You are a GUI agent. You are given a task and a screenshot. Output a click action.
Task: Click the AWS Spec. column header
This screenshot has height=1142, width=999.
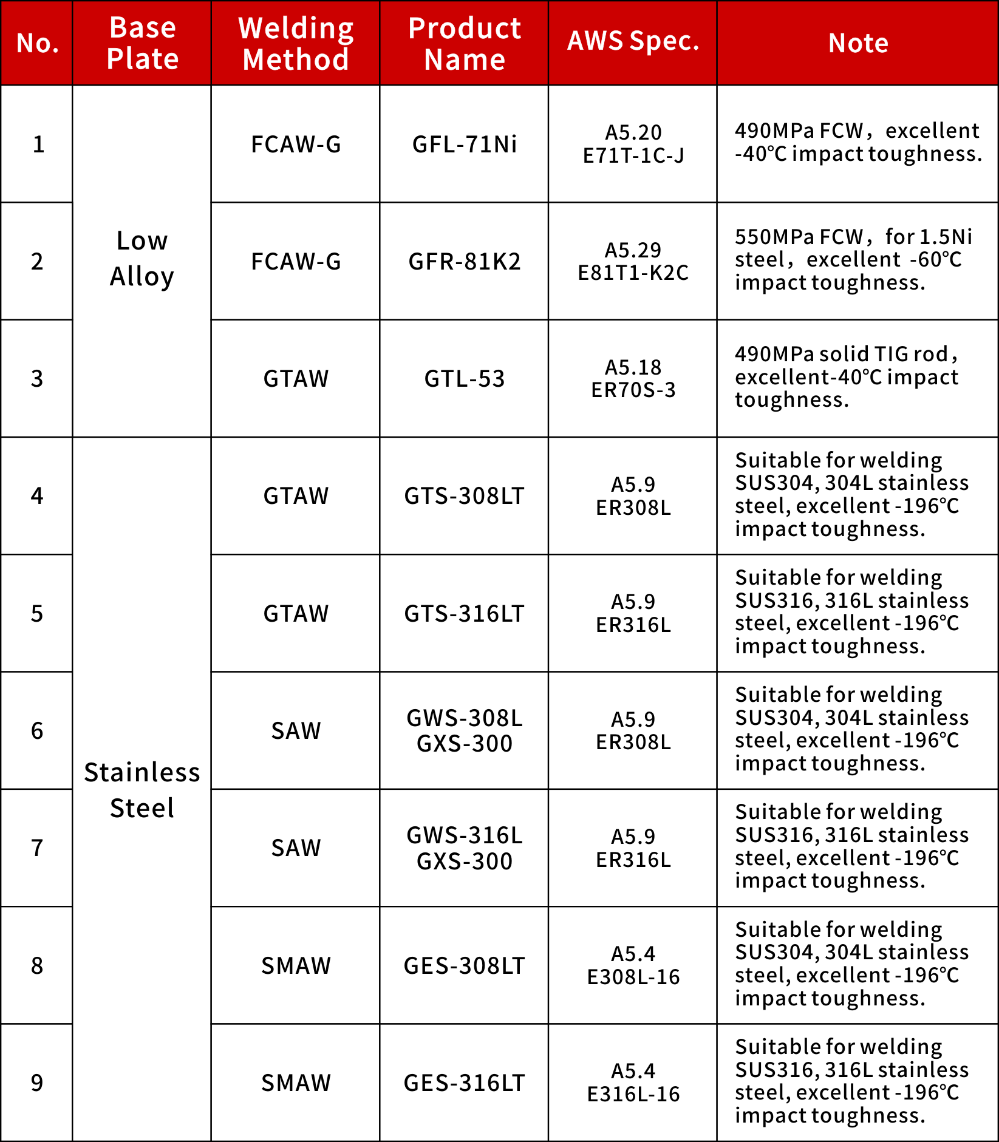point(633,42)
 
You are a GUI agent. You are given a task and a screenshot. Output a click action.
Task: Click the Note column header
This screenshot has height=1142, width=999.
point(858,43)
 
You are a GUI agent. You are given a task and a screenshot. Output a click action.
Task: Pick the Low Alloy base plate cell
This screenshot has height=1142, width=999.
point(142,259)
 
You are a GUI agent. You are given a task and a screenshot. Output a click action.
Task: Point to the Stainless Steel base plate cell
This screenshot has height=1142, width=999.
point(142,790)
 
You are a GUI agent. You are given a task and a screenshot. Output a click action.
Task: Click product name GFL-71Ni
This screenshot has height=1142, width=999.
point(465,144)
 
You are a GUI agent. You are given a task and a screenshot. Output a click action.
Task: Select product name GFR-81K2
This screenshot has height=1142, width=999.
point(465,262)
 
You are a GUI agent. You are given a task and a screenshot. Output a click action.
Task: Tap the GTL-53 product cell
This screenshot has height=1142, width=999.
point(465,379)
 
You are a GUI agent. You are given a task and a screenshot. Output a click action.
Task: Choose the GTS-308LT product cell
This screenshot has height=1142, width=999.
point(465,496)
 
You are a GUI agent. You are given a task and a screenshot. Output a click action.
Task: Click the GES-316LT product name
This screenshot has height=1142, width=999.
point(465,1083)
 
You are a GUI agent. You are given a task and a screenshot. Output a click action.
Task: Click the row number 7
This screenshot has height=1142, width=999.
point(37,848)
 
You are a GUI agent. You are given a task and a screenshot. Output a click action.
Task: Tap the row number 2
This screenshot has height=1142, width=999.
point(37,262)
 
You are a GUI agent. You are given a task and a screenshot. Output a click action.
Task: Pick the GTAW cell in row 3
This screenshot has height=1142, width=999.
point(296,379)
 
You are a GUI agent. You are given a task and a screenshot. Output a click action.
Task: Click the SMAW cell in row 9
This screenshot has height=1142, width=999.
point(296,1083)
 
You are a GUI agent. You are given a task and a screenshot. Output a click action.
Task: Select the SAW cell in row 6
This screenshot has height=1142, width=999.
point(296,731)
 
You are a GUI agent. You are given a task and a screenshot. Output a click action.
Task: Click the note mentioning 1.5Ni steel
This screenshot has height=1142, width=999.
point(853,260)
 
